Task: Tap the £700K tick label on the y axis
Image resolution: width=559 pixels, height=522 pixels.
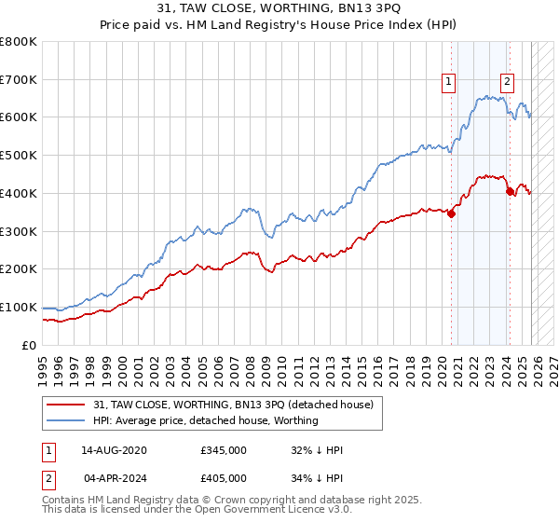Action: pyautogui.click(x=19, y=79)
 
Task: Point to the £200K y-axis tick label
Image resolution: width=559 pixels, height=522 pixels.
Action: pyautogui.click(x=19, y=268)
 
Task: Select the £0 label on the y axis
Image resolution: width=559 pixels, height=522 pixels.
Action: pyautogui.click(x=29, y=345)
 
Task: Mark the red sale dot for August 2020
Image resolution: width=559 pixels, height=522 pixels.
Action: pyautogui.click(x=451, y=213)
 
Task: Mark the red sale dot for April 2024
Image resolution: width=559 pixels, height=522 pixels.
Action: pyautogui.click(x=510, y=192)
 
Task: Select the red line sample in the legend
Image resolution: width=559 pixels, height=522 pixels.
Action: pyautogui.click(x=66, y=405)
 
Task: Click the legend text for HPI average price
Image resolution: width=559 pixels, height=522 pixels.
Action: pyautogui.click(x=205, y=420)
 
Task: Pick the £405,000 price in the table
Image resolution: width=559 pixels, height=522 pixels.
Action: pyautogui.click(x=224, y=476)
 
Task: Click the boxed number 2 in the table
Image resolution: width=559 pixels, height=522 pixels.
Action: pyautogui.click(x=48, y=476)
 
